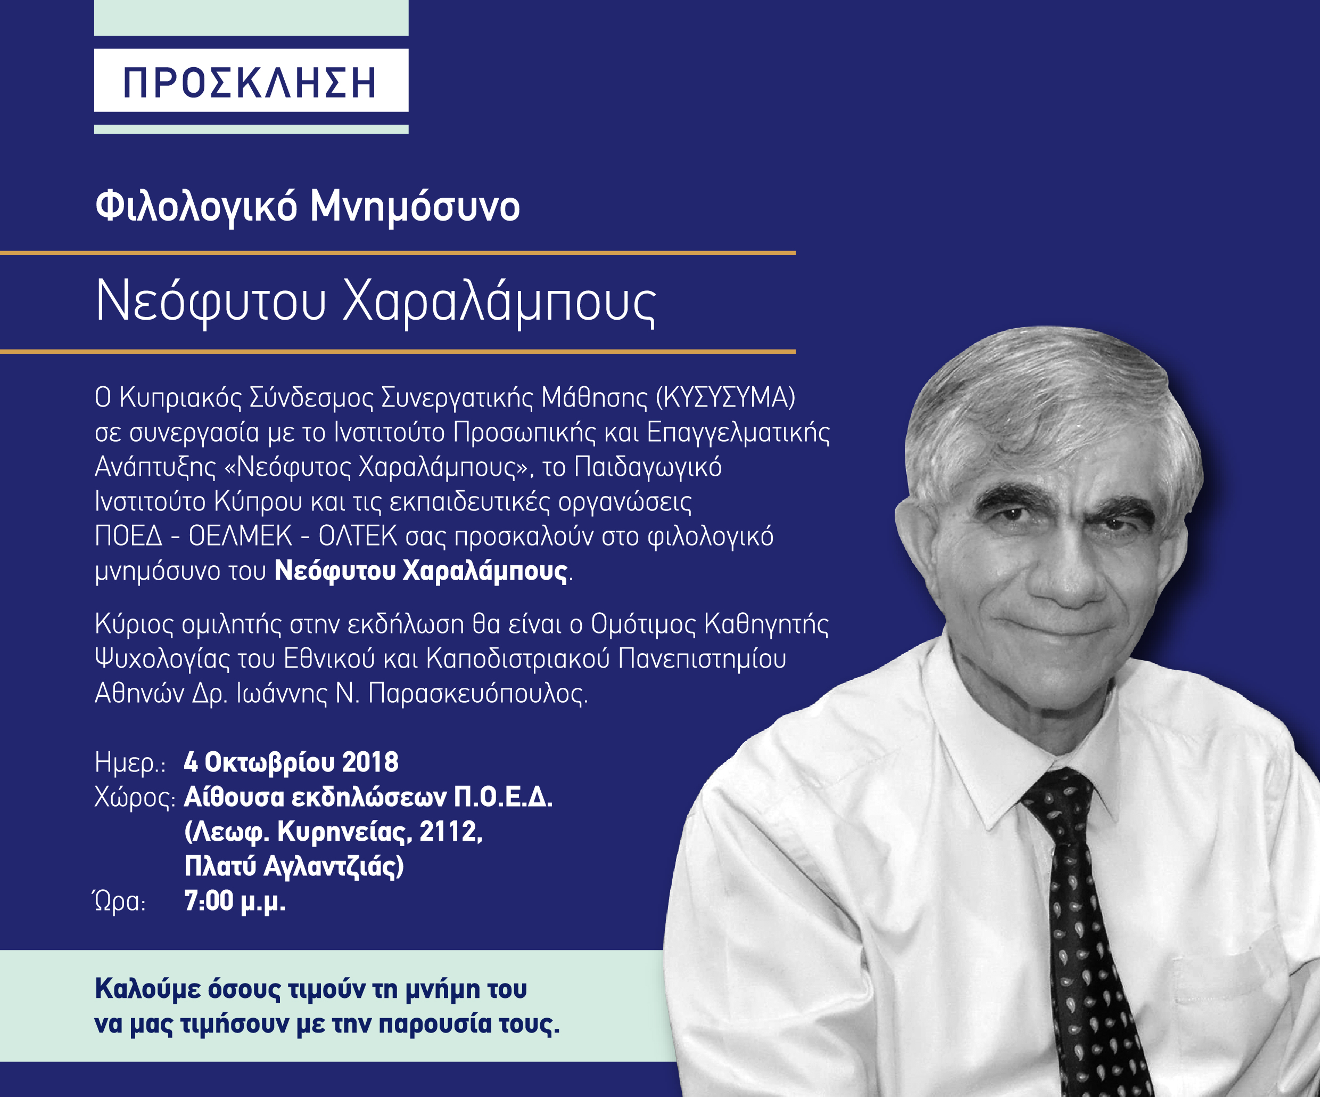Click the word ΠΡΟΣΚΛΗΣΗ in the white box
[x=250, y=83]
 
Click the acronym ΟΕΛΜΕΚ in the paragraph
[x=240, y=536]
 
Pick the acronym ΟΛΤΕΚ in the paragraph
[x=358, y=536]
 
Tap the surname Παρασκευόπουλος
[x=478, y=694]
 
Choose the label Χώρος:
[x=135, y=798]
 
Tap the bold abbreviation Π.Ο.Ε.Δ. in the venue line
[x=504, y=798]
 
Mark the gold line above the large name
[x=398, y=253]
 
